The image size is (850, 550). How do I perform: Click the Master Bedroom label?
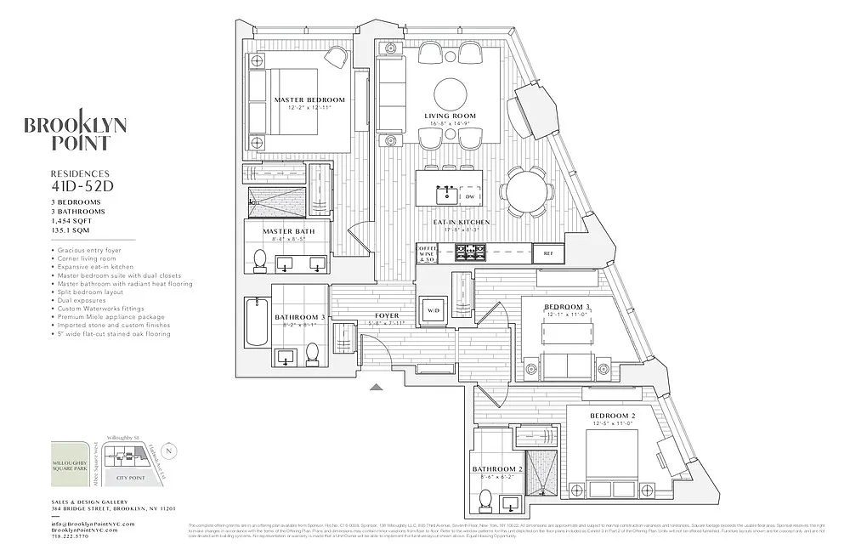coord(309,100)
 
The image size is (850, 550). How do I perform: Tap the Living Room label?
coord(450,116)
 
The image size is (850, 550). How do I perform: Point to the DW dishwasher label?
coord(469,196)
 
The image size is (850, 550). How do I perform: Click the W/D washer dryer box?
coord(433,309)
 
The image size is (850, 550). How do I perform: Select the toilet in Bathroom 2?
coord(487,502)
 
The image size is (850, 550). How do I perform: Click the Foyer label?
coord(387,316)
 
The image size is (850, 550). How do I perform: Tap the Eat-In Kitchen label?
coord(462,223)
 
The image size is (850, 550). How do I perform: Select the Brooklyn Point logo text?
coord(76,134)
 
